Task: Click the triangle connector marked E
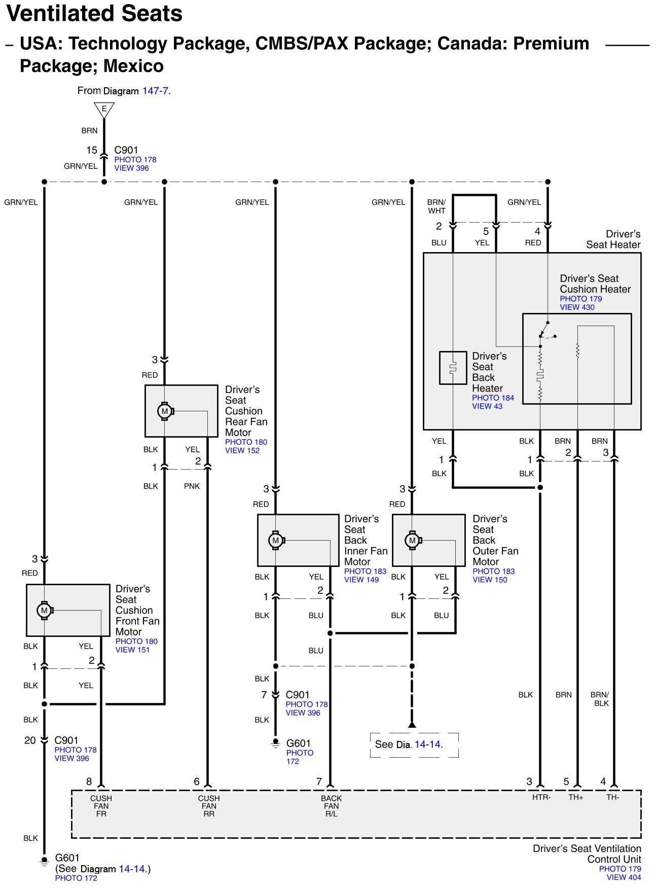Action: coord(104,109)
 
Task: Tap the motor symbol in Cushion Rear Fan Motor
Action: coord(164,411)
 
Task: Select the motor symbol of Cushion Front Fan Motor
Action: coord(45,610)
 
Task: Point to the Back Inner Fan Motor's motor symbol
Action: coord(276,541)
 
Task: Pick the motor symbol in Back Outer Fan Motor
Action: coord(412,541)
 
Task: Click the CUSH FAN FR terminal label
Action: coord(101,806)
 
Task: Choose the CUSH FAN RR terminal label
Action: coord(208,806)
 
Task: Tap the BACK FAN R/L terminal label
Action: coord(331,806)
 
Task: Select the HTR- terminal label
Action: coord(541,797)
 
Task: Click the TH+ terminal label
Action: coord(576,797)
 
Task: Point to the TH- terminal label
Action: coord(613,797)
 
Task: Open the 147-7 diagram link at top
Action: coord(155,91)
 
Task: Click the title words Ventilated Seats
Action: coord(95,14)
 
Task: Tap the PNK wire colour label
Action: coord(192,486)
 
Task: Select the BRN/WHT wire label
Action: coord(436,206)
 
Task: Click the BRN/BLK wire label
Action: coord(601,699)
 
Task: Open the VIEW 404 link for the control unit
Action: coord(624,877)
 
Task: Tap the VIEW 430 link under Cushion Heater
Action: coord(577,307)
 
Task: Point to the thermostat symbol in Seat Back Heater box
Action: coord(453,368)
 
